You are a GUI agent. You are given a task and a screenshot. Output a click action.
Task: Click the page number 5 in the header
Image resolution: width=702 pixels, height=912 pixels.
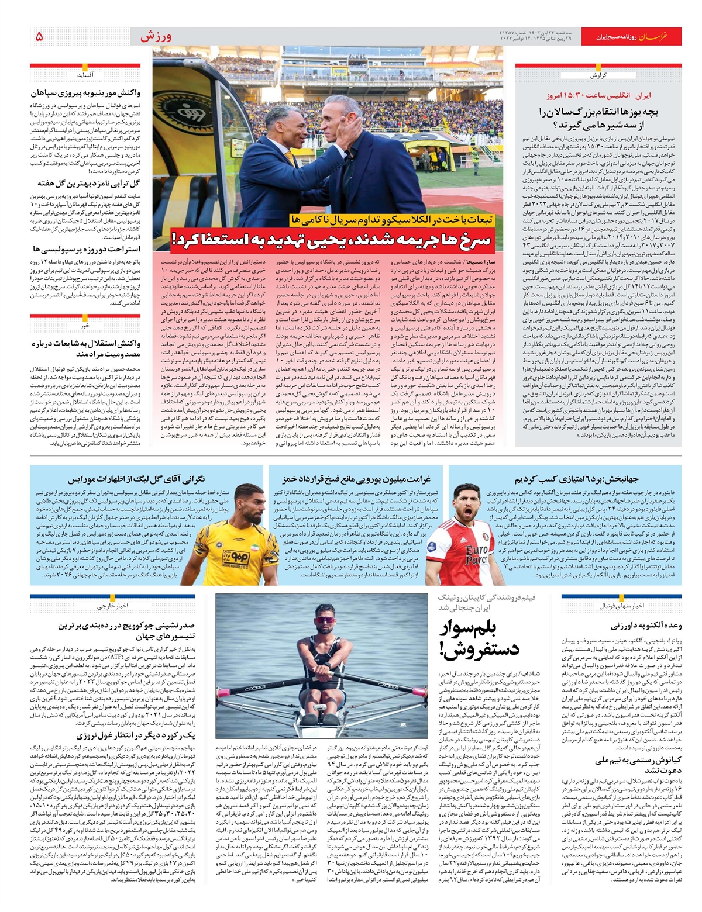tap(39, 36)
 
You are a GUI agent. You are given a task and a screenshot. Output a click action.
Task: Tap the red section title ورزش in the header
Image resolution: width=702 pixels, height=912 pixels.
tap(156, 36)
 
